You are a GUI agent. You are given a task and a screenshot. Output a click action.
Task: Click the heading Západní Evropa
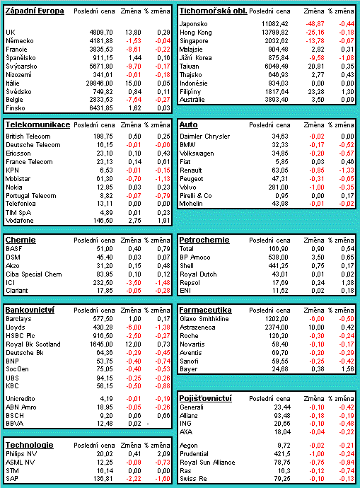(x=35, y=11)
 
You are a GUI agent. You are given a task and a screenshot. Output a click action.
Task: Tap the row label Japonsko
(x=194, y=24)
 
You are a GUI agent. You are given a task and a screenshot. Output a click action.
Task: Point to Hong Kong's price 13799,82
(x=274, y=33)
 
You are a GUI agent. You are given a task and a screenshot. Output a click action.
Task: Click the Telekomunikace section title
(x=37, y=124)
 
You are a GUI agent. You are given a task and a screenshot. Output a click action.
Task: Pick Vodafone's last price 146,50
(x=103, y=221)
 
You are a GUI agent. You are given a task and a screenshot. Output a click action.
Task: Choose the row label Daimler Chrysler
(x=204, y=136)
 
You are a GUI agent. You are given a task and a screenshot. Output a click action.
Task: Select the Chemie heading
(x=21, y=240)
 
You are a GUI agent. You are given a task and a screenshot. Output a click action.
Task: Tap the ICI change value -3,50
(x=134, y=283)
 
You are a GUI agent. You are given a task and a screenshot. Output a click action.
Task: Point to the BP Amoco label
(x=195, y=257)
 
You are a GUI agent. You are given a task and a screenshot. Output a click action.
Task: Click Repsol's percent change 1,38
(x=347, y=283)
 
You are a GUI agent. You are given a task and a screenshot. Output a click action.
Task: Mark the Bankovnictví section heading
(x=30, y=310)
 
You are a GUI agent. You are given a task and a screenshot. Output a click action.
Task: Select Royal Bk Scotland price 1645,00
(x=101, y=344)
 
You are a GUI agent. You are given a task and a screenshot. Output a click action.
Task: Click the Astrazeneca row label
(x=197, y=327)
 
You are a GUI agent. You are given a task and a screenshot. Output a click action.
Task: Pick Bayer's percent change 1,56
(x=347, y=369)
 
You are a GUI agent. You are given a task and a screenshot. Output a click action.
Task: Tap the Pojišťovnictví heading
(x=206, y=398)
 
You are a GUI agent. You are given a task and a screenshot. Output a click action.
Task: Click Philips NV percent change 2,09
(x=163, y=454)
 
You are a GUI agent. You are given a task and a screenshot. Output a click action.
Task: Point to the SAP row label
(x=12, y=479)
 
